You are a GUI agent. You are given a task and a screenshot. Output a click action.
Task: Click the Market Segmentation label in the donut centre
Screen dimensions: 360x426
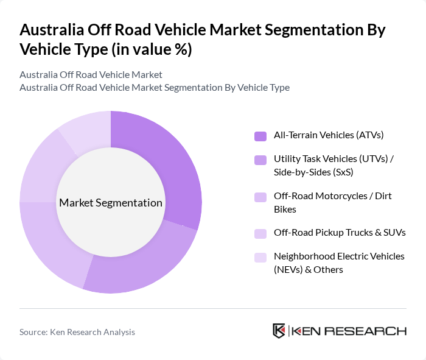[x=111, y=202]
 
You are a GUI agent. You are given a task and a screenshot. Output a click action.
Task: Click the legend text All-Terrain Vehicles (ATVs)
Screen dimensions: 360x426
[x=329, y=135]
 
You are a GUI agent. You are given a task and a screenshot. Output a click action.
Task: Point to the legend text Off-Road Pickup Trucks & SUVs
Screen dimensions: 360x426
[x=340, y=232]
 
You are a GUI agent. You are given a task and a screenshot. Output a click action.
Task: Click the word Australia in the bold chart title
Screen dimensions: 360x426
[x=54, y=30]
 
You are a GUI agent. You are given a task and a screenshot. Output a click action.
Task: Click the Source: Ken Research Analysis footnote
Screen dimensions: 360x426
[x=77, y=332]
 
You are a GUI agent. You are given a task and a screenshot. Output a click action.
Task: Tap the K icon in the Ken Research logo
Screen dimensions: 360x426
[x=279, y=331]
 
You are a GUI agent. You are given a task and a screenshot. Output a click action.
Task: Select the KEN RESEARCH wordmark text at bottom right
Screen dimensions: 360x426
[x=349, y=331]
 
